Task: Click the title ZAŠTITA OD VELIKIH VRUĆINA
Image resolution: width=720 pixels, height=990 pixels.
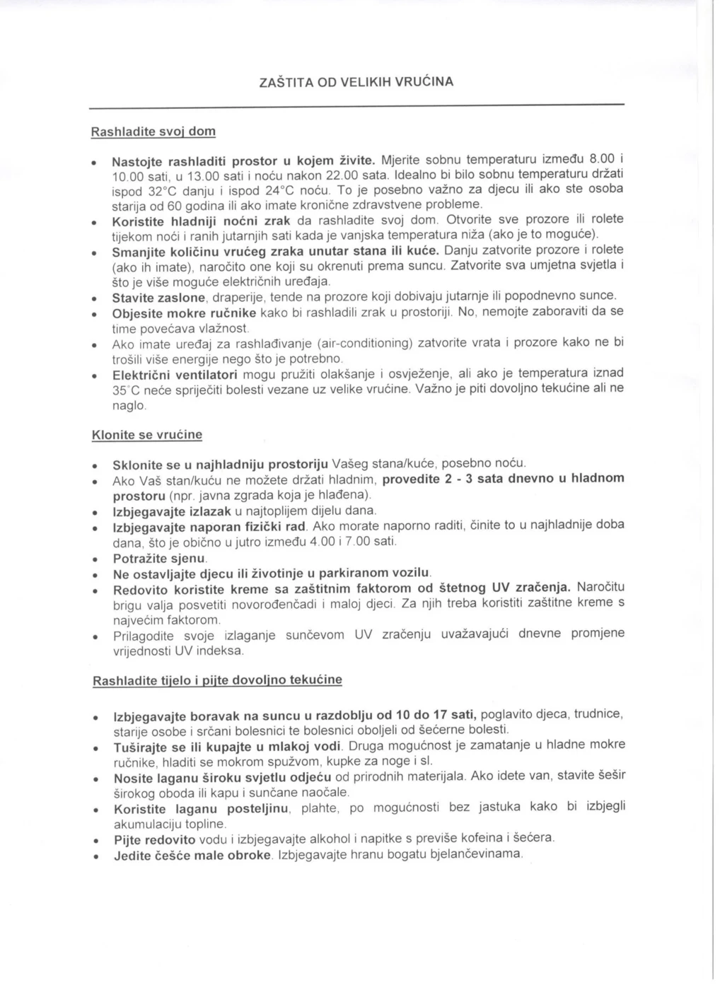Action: [x=356, y=82]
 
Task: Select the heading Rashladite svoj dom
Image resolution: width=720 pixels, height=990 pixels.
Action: [x=153, y=132]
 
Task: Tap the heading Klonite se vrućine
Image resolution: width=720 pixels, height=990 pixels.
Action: [x=147, y=435]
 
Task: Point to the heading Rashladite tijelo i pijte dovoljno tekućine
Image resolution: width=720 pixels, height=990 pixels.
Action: [x=217, y=680]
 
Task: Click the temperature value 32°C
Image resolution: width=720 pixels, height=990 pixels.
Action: [x=164, y=192]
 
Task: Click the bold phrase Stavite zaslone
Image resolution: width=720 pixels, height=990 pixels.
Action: [x=159, y=297]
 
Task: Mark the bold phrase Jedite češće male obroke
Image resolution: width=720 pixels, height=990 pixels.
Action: [x=192, y=856]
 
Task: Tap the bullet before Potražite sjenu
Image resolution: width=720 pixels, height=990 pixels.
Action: [x=95, y=560]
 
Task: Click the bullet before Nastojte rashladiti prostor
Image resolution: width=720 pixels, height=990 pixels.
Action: [x=95, y=162]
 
